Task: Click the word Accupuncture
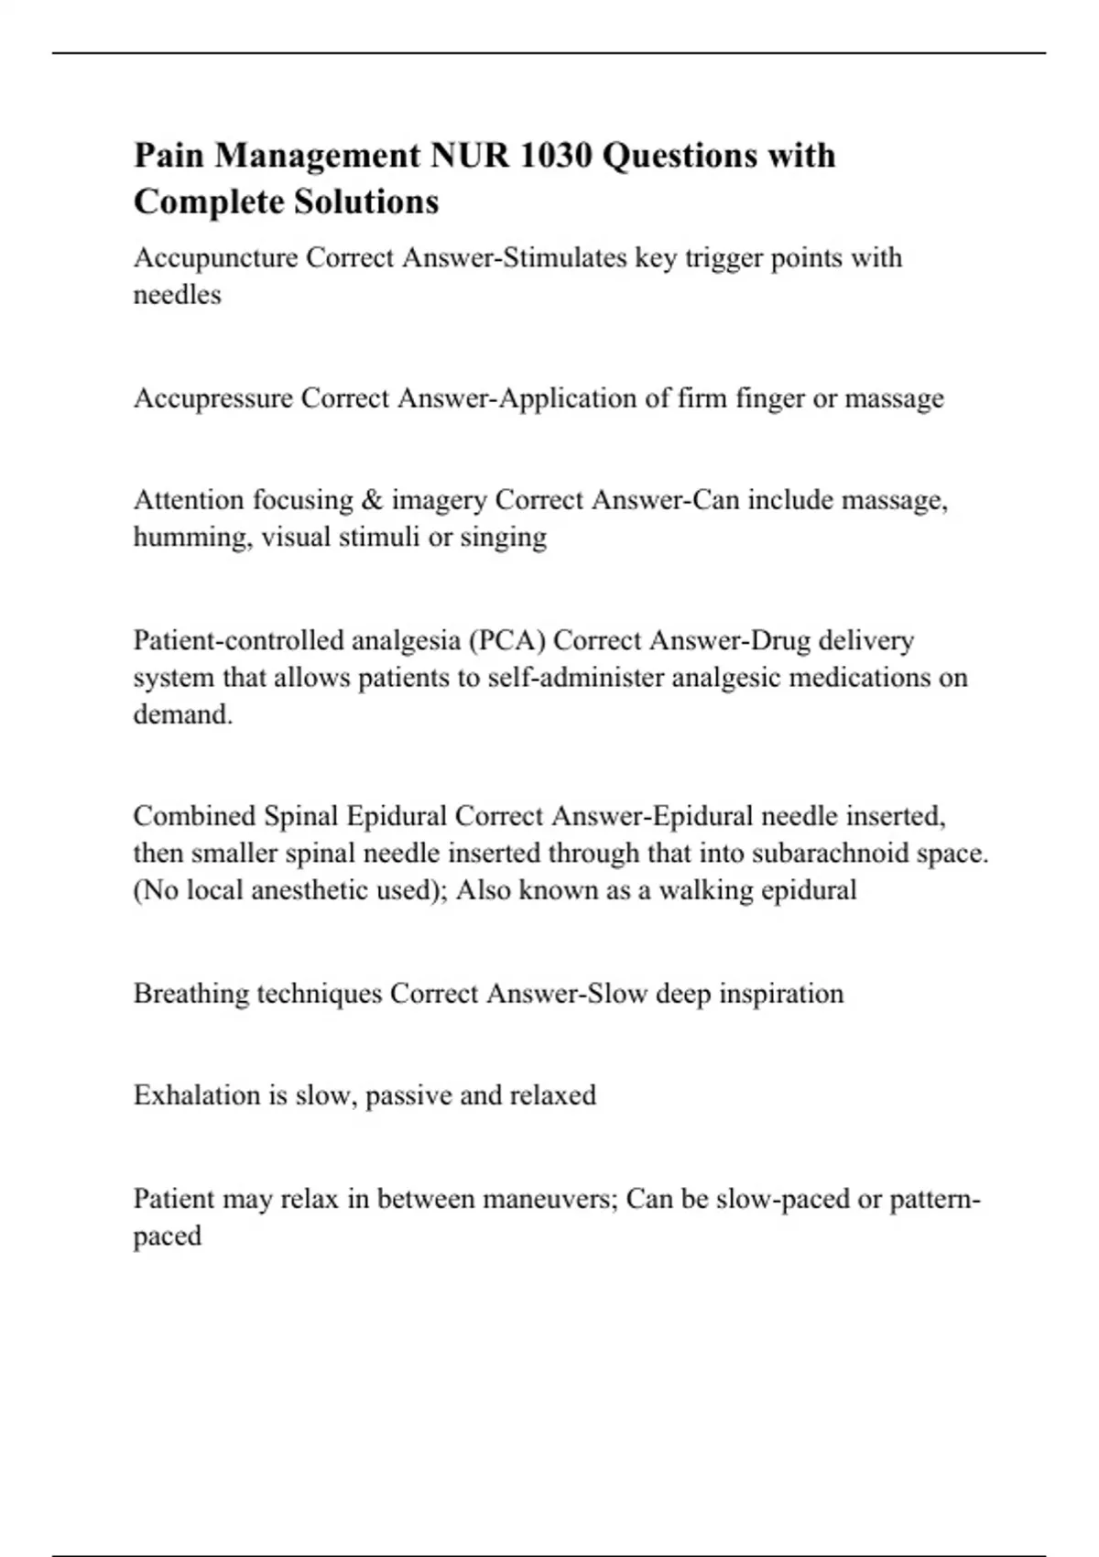point(215,258)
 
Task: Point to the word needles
point(177,295)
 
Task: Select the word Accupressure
point(212,398)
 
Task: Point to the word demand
point(182,714)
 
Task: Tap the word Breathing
point(190,994)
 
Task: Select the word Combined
point(194,816)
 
